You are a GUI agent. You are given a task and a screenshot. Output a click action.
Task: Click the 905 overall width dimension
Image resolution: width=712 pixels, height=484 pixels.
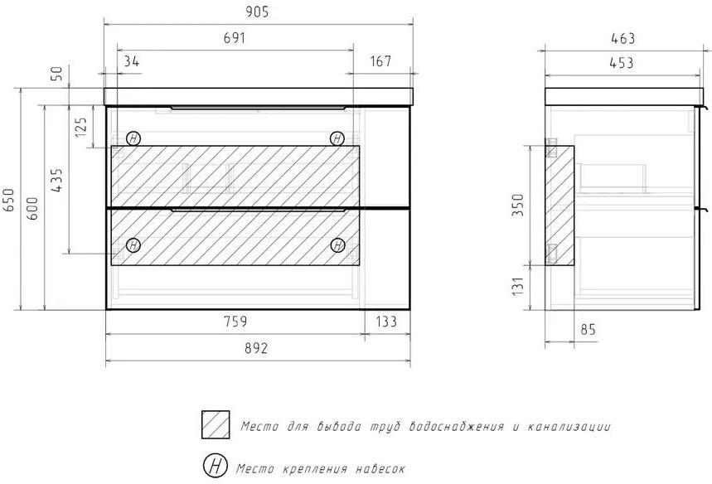(x=258, y=12)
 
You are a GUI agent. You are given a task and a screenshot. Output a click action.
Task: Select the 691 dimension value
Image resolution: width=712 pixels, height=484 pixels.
(x=235, y=37)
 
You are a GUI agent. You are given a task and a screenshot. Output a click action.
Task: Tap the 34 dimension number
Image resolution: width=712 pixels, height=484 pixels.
(x=132, y=60)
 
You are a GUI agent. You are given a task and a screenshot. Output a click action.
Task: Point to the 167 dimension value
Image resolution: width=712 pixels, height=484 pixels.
(x=380, y=60)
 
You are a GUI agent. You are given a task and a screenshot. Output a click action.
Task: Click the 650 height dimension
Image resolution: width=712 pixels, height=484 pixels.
(x=9, y=200)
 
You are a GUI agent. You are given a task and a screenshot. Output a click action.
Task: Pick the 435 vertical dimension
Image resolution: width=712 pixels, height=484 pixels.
(x=56, y=180)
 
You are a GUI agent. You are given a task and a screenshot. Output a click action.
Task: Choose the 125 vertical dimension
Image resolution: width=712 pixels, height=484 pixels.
(x=81, y=128)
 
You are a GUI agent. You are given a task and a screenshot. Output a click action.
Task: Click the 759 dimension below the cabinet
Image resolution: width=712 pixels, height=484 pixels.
(x=236, y=322)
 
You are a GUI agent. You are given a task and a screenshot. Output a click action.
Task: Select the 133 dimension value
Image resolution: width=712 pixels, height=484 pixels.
(x=386, y=322)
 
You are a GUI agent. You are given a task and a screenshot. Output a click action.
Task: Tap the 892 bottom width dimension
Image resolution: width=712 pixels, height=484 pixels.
(x=257, y=348)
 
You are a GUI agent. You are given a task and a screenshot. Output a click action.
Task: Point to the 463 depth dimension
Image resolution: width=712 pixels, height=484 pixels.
(x=623, y=39)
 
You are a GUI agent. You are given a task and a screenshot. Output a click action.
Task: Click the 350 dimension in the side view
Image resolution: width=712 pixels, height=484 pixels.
(x=518, y=205)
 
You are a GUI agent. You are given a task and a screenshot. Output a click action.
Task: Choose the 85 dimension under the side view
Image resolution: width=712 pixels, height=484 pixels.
(x=588, y=330)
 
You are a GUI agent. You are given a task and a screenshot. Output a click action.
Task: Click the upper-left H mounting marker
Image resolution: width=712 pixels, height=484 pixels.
(x=133, y=138)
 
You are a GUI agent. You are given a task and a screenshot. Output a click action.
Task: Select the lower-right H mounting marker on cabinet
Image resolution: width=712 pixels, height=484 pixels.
(x=337, y=245)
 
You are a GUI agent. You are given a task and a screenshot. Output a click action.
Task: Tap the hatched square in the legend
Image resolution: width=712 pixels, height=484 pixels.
(x=216, y=424)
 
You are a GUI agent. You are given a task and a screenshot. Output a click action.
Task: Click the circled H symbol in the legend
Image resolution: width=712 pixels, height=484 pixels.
(x=215, y=466)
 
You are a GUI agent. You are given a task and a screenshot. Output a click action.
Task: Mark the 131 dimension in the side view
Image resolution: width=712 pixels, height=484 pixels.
(x=518, y=287)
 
